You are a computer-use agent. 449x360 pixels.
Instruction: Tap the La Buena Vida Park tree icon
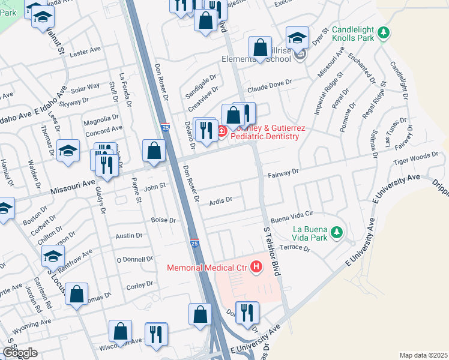pyautogui.click(x=337, y=232)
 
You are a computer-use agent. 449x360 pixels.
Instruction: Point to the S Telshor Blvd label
pyautogui.click(x=268, y=247)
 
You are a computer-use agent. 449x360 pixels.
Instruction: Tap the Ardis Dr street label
pyautogui.click(x=220, y=199)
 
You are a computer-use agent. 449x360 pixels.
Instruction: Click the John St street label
pyautogui.click(x=154, y=187)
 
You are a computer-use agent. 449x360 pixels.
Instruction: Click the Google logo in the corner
pyautogui.click(x=19, y=353)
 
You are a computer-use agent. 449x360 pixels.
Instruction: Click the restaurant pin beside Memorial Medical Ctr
pyautogui.click(x=246, y=313)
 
